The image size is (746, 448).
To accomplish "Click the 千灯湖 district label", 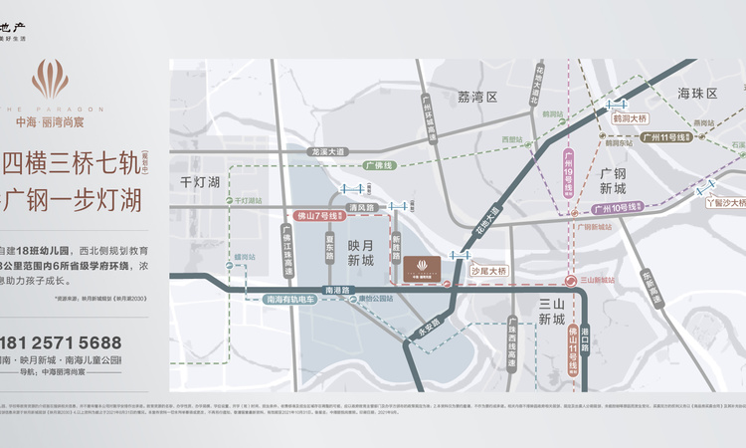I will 200,182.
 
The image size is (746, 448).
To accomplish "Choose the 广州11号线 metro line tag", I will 665,136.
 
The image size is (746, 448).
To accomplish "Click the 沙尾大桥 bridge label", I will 489,270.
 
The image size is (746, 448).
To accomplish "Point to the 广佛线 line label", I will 379,165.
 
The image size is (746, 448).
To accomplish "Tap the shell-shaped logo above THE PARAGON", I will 50,80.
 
